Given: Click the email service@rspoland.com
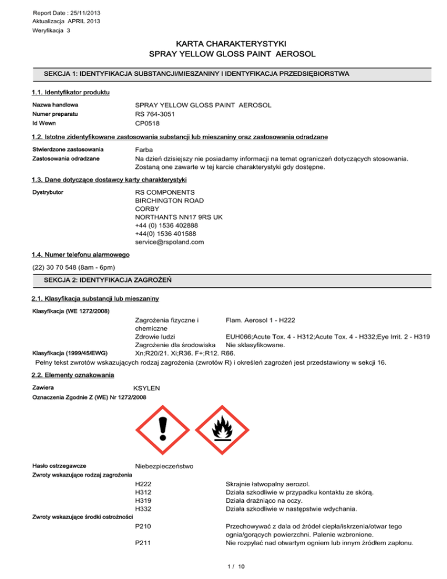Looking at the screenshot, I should coord(169,242).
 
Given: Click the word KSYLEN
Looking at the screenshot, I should coord(147,387).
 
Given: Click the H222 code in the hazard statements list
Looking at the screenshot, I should coord(143,483).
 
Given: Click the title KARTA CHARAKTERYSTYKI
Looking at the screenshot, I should coord(223,43).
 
